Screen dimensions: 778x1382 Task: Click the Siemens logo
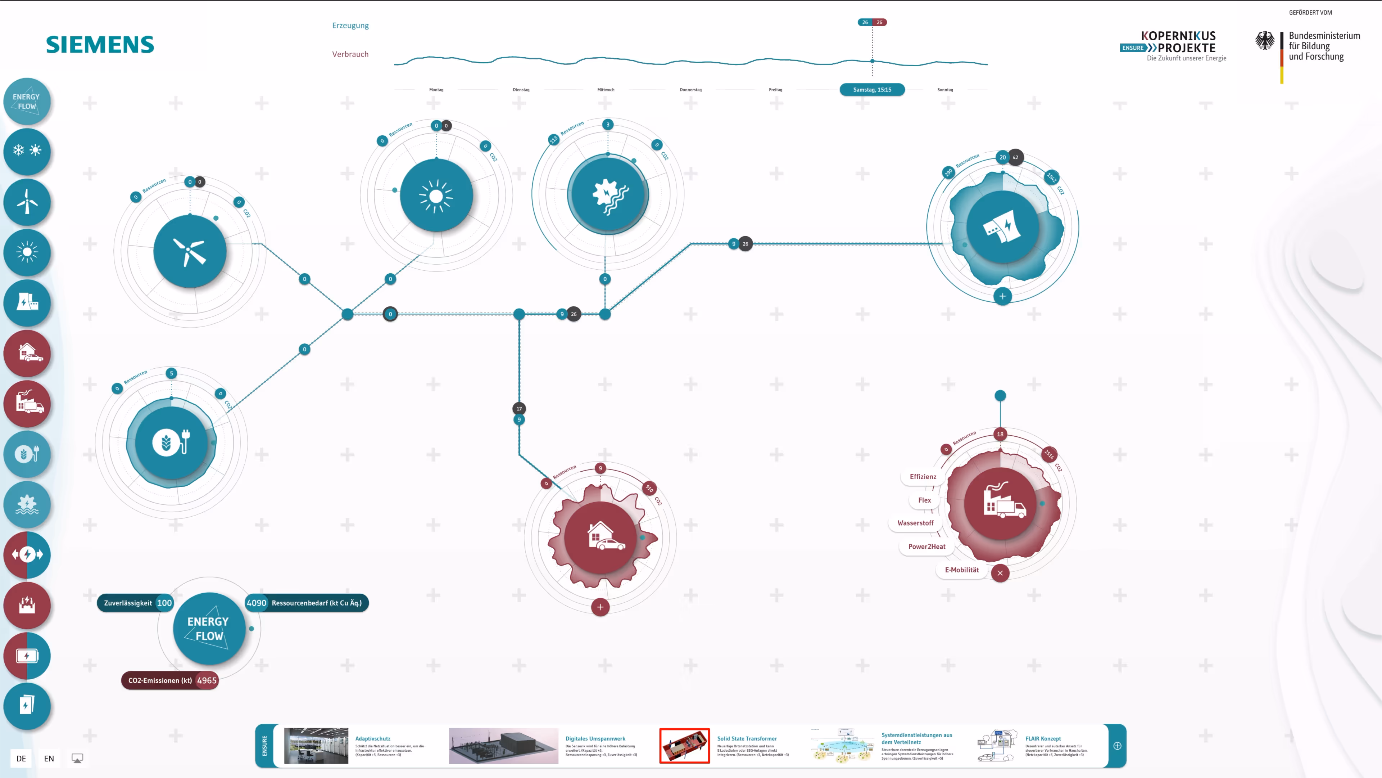point(100,45)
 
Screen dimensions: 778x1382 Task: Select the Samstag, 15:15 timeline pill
point(872,90)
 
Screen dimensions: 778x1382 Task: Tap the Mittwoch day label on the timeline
point(606,90)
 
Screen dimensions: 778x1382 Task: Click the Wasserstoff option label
point(915,523)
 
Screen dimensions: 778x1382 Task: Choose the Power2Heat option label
point(926,547)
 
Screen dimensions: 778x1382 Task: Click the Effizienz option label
point(923,477)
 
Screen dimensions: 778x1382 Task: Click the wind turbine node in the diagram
point(190,251)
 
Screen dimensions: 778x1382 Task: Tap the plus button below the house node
point(601,607)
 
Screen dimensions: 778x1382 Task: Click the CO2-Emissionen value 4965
point(207,680)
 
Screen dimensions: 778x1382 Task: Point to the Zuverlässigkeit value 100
point(164,603)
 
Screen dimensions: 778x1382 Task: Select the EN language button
point(49,759)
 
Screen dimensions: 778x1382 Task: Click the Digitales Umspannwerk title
point(595,739)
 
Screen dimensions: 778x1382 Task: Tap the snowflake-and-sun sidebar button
point(27,150)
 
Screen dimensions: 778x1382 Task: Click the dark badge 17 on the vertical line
point(519,409)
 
